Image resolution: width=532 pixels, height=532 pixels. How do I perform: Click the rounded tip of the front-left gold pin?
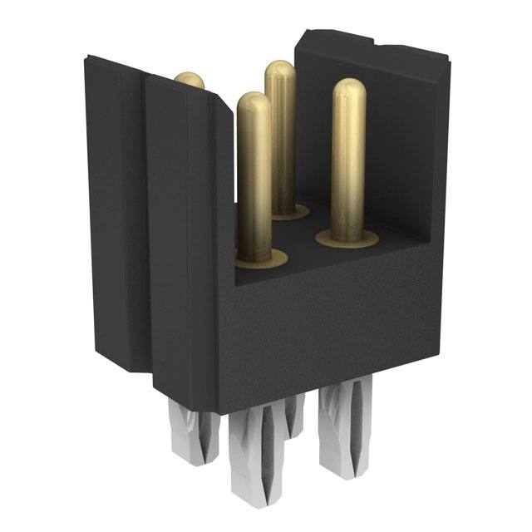tap(254, 101)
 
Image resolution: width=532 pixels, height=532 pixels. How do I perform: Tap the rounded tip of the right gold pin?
tap(349, 88)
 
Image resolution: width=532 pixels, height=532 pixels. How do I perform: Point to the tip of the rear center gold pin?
tap(280, 70)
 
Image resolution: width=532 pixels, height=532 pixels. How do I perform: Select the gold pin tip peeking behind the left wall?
tap(190, 80)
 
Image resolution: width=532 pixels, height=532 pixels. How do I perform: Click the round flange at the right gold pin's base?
tap(347, 239)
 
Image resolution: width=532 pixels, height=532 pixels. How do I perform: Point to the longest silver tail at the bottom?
tap(254, 457)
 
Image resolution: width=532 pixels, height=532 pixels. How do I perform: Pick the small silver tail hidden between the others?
tap(294, 416)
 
